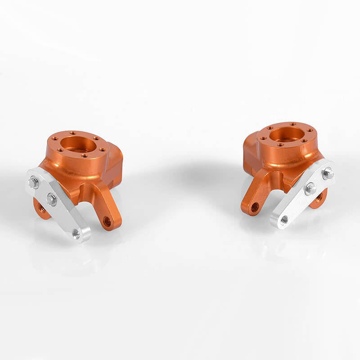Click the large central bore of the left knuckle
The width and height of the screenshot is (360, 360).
tap(77, 144)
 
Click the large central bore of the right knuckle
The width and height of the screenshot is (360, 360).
tap(286, 134)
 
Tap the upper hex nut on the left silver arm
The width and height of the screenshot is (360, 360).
tap(33, 182)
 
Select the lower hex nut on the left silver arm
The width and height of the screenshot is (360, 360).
tap(52, 199)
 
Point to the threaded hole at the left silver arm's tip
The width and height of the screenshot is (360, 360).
tap(77, 233)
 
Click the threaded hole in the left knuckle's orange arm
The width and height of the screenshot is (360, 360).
tap(107, 221)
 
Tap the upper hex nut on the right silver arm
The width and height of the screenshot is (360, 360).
tap(328, 172)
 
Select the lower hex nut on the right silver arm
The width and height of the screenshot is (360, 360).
tap(310, 189)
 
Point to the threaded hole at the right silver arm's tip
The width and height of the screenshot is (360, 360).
tap(284, 220)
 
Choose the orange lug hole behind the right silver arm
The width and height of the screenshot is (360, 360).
tap(319, 197)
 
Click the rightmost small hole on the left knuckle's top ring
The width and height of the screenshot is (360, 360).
tap(103, 150)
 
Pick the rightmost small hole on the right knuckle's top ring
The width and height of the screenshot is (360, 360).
tap(310, 130)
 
